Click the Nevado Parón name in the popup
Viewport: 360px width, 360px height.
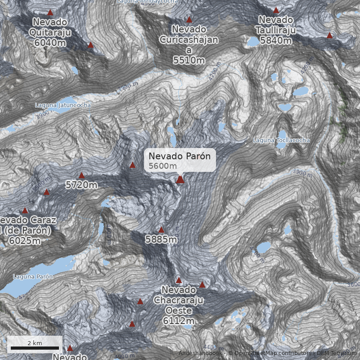[180, 156]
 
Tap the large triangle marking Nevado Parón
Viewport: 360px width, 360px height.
[180, 180]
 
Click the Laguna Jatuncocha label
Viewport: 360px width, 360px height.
[63, 105]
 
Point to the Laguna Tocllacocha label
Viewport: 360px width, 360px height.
[281, 140]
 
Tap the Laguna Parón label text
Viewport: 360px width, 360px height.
[33, 276]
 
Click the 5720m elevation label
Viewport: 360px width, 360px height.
[81, 185]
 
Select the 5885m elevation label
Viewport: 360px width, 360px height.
[161, 239]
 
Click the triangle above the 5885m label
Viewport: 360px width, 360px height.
[161, 230]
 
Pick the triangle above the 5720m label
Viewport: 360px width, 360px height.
[81, 175]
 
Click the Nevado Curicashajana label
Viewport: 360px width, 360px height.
[189, 45]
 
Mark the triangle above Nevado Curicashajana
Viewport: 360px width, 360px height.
[189, 19]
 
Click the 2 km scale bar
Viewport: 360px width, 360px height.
[35, 348]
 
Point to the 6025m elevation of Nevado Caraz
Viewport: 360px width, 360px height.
[25, 241]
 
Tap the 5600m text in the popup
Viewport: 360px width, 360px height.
[163, 166]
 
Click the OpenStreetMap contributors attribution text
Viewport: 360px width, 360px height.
[272, 353]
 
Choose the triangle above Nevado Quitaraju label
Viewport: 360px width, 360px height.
[50, 13]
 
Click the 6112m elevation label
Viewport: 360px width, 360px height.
[179, 321]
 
